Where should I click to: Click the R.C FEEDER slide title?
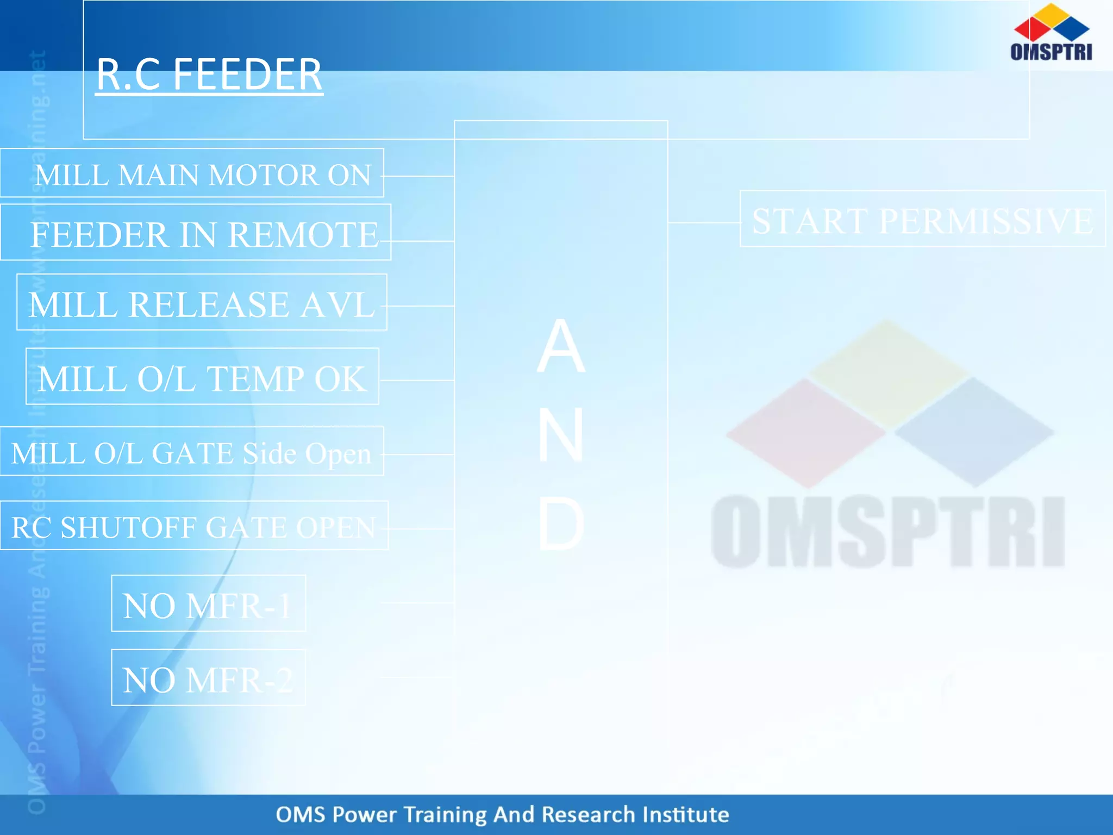click(x=209, y=75)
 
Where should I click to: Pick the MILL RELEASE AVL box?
click(x=202, y=303)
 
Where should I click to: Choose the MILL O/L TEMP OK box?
click(x=202, y=377)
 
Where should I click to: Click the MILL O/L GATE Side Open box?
click(x=192, y=452)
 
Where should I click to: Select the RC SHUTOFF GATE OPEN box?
click(x=194, y=526)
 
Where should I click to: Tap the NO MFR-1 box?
click(x=208, y=604)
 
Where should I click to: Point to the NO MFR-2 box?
click(x=208, y=678)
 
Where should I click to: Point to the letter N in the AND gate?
click(x=561, y=435)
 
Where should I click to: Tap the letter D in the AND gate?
click(x=561, y=524)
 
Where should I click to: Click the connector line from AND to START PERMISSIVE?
click(x=704, y=222)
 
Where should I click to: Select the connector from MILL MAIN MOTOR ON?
click(x=418, y=176)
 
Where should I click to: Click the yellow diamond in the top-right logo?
click(x=1052, y=13)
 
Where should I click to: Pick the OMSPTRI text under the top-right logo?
click(x=1051, y=52)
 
